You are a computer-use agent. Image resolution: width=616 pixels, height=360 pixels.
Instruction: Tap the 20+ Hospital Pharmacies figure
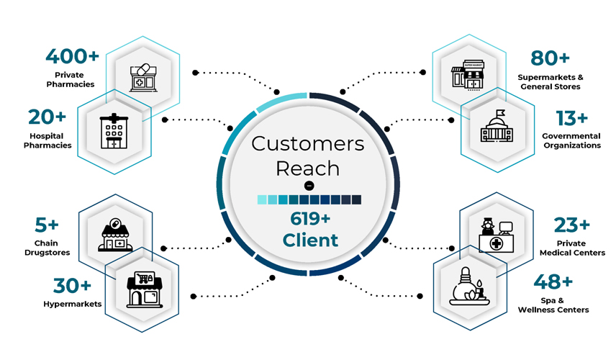pyautogui.click(x=47, y=117)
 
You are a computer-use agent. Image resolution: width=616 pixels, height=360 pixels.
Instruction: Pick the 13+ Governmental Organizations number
pyautogui.click(x=571, y=117)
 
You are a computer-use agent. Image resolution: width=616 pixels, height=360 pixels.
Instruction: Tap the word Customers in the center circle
pyautogui.click(x=307, y=143)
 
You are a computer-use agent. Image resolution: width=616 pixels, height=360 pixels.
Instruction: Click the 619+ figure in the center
pyautogui.click(x=307, y=218)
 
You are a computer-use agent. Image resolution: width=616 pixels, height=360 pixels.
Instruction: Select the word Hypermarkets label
pyautogui.click(x=71, y=304)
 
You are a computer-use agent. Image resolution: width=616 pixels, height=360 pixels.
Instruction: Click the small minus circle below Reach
pyautogui.click(x=308, y=186)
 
